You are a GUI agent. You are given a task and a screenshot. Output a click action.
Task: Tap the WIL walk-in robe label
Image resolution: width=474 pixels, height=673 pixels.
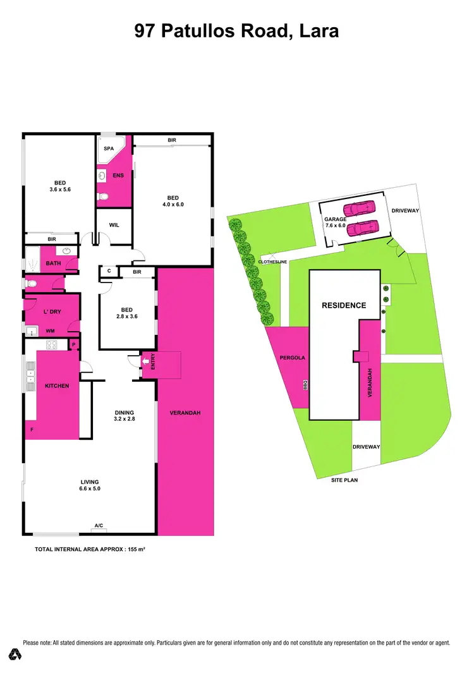click(114, 225)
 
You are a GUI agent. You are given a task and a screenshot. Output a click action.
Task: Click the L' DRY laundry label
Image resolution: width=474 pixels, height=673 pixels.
click(51, 313)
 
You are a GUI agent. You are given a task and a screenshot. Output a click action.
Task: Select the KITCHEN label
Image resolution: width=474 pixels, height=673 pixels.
click(56, 385)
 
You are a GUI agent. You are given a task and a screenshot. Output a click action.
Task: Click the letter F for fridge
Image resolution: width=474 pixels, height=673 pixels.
click(32, 429)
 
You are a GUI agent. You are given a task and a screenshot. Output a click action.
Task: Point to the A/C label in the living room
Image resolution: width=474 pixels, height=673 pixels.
click(99, 525)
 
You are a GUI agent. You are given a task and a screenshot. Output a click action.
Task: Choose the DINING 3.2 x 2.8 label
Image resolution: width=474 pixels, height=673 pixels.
click(125, 416)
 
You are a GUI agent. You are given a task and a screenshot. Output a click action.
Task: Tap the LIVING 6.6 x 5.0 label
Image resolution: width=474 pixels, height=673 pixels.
click(90, 485)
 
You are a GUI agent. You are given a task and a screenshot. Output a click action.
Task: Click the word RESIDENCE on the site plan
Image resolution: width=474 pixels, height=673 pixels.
click(344, 305)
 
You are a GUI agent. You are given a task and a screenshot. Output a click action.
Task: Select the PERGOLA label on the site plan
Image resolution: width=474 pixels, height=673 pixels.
click(293, 358)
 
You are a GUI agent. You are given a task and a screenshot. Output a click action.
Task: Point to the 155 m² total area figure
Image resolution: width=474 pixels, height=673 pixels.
click(136, 550)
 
